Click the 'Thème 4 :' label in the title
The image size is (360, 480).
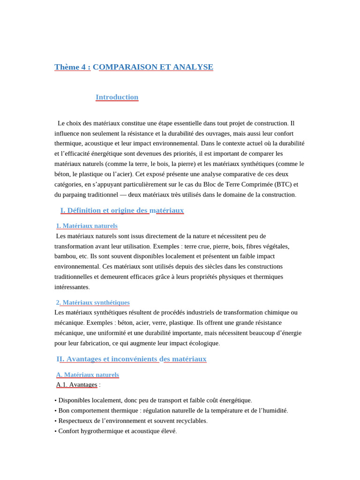(72, 67)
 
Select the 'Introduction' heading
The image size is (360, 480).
(117, 97)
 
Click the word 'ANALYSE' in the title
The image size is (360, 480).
(193, 67)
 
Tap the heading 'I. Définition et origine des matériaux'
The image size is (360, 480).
(122, 210)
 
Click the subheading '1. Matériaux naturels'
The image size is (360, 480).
(87, 226)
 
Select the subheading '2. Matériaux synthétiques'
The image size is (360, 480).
(93, 303)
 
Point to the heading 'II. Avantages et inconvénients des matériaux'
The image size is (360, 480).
(131, 359)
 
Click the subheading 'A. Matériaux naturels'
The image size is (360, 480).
(88, 375)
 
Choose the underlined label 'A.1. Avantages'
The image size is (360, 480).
(77, 385)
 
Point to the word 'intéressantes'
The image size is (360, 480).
(71, 287)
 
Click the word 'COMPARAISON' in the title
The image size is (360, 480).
(125, 67)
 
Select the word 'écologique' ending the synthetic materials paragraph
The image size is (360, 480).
(203, 343)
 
